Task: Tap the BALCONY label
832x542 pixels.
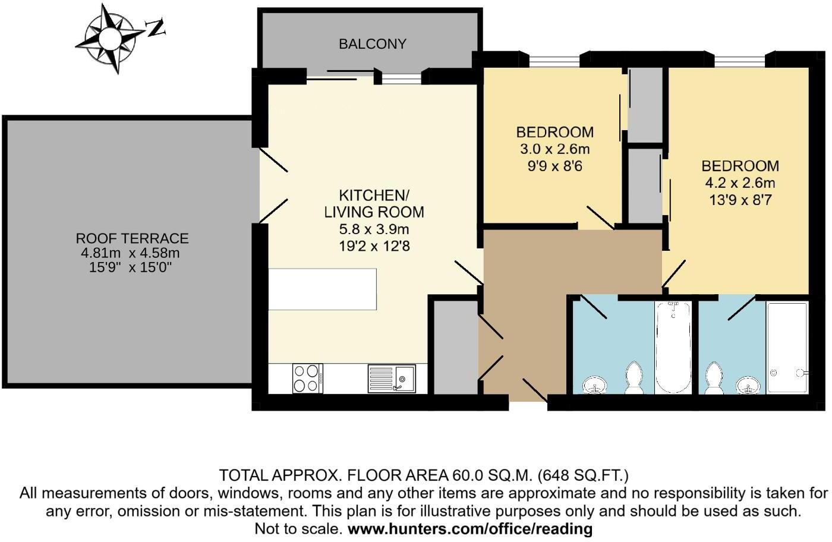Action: [373, 44]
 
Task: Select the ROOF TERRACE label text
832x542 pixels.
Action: [132, 238]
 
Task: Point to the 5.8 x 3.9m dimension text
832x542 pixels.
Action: [374, 229]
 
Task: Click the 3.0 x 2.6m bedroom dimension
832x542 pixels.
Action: [554, 149]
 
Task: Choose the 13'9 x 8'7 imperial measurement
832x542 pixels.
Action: [740, 200]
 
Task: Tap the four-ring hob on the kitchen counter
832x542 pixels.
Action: [307, 378]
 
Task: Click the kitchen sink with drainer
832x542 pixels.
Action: [392, 378]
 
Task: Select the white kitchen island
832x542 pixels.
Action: [322, 289]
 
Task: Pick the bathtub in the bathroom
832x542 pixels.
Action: [673, 347]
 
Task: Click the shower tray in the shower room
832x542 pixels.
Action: [787, 348]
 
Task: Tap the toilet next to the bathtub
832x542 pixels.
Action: [635, 379]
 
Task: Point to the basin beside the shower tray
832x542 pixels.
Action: [748, 386]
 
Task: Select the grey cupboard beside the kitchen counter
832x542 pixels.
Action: [455, 347]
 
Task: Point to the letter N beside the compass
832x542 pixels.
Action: [155, 27]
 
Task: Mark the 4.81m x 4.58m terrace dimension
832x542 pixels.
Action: [130, 253]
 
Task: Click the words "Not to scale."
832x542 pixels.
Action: [298, 529]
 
